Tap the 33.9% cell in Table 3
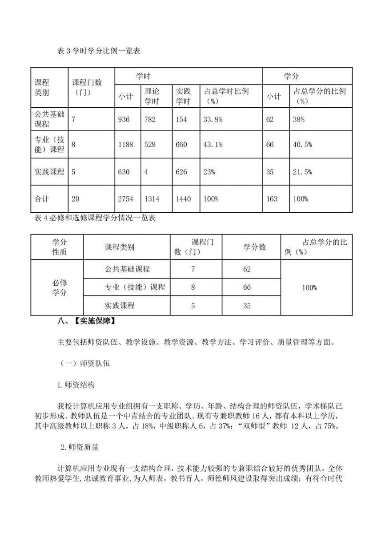213,119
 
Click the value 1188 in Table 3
125,145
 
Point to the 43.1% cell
213,145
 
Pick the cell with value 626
181,172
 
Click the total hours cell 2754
125,199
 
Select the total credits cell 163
272,199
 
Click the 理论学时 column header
152,96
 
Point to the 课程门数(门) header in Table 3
87,87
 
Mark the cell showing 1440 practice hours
183,199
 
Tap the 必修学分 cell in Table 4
60,287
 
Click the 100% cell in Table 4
309,287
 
